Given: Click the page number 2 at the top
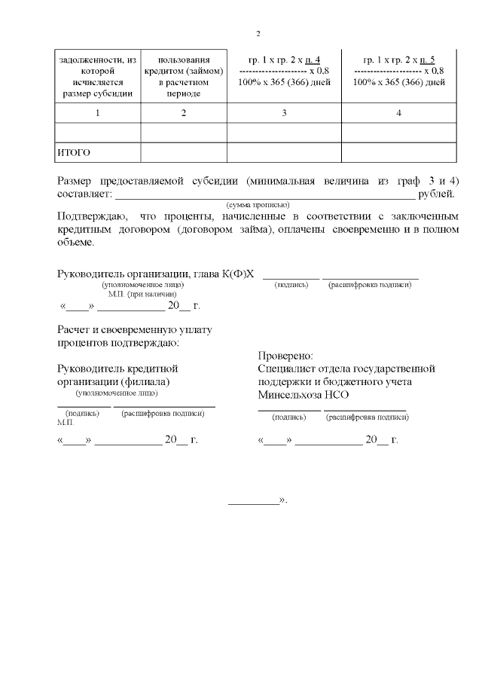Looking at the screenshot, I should (x=258, y=34).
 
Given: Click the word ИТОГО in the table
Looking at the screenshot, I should (x=74, y=153).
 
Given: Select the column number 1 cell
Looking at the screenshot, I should (x=97, y=113).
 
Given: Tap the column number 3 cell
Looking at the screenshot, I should (x=284, y=113).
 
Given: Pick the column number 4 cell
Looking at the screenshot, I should (x=398, y=113).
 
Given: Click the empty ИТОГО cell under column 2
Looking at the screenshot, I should (x=184, y=153).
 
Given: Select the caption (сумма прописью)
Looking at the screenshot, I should (x=258, y=204).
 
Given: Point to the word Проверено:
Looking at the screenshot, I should (x=285, y=356).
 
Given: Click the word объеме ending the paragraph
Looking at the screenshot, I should (x=75, y=243).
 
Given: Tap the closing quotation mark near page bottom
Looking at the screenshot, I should (x=283, y=500).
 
